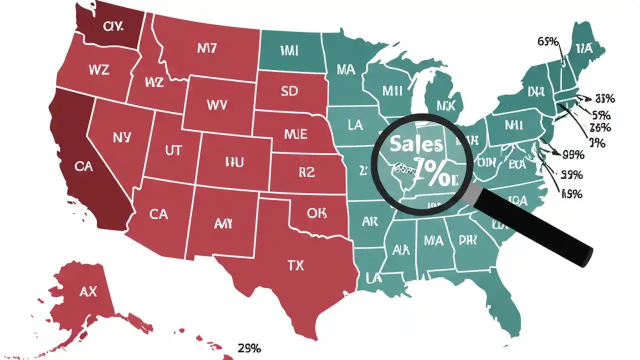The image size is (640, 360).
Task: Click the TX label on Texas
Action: tap(296, 265)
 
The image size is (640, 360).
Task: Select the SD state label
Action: tap(289, 91)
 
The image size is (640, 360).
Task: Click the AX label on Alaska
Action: tap(88, 292)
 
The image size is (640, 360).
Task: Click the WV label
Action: tap(216, 105)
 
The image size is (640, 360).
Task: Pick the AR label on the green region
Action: tap(369, 221)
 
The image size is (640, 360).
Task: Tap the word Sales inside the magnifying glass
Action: tap(416, 144)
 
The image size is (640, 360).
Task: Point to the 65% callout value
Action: tap(548, 41)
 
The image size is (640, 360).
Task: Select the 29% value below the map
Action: tap(249, 348)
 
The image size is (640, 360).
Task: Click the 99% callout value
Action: tap(573, 154)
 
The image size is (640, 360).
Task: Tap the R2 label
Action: tap(306, 172)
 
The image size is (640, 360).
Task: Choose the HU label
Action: tap(234, 161)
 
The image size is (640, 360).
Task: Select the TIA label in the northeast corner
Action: tap(583, 48)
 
